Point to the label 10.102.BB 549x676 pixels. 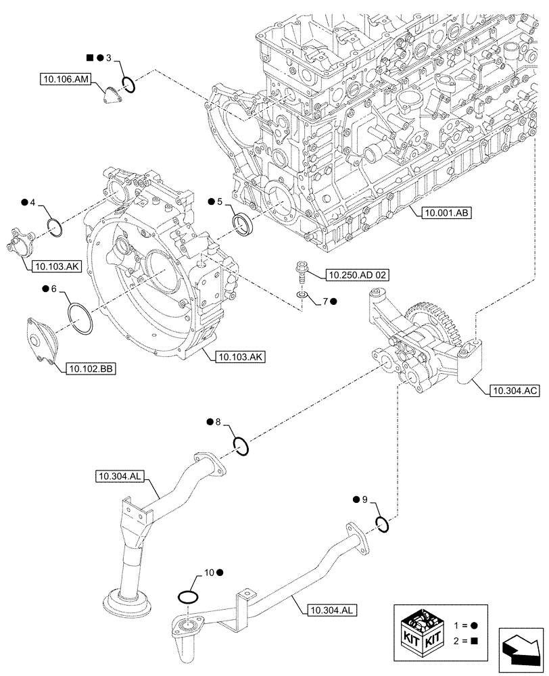[x=90, y=368]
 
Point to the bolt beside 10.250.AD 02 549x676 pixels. [x=301, y=273]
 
